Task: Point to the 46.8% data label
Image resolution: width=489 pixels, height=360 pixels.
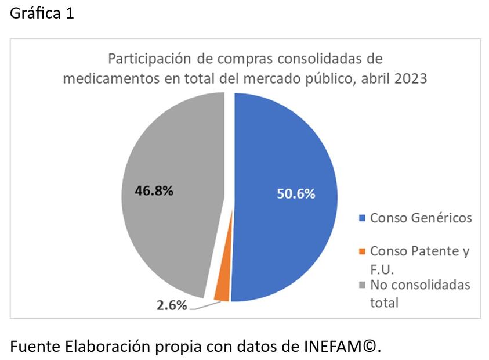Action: pyautogui.click(x=154, y=190)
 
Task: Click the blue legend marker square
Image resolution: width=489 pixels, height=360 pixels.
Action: pyautogui.click(x=363, y=218)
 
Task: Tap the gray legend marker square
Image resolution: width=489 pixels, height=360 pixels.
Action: pyautogui.click(x=363, y=285)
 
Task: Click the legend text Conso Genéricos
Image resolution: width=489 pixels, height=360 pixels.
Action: pyautogui.click(x=421, y=218)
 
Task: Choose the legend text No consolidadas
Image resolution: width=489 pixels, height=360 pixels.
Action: pyautogui.click(x=420, y=285)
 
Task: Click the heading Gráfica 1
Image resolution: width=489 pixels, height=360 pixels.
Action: pyautogui.click(x=42, y=14)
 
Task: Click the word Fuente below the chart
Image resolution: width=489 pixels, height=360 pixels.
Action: pyautogui.click(x=31, y=347)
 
